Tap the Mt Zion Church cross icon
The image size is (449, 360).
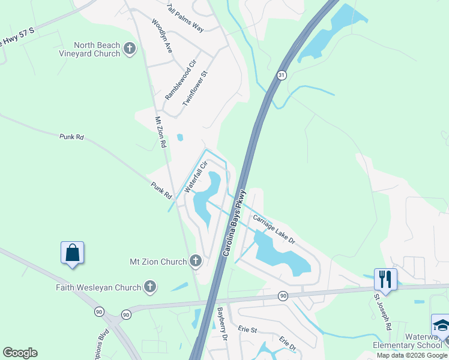pos(195,261)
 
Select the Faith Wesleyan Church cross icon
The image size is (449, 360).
pos(149,287)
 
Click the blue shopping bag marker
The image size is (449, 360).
pos(72,253)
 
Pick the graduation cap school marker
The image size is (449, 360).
pos(441,326)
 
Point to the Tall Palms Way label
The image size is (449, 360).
pos(186,20)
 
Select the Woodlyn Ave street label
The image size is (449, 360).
pos(162,37)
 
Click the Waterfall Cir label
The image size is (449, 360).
pos(196,176)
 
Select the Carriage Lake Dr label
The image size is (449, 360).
pos(274,229)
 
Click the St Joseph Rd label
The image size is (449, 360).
pos(382,311)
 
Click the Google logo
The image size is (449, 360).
pos(20,352)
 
